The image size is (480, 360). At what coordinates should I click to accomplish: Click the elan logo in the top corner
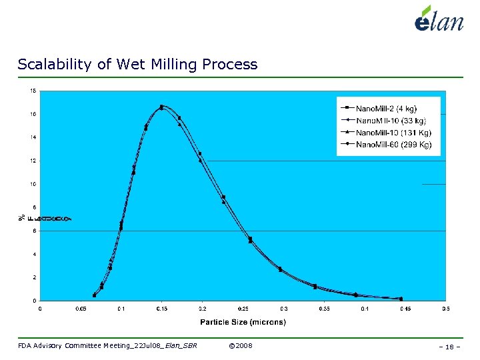(438, 19)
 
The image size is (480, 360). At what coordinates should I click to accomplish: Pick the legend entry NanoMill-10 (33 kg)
(391, 120)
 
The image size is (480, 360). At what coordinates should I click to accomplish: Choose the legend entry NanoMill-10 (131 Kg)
(392, 132)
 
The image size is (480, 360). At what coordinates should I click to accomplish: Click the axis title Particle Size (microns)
(243, 323)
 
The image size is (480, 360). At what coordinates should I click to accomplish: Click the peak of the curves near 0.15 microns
(162, 106)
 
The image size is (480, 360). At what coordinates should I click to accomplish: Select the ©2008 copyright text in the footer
(240, 345)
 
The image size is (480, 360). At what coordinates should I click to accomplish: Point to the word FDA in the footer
(25, 345)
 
